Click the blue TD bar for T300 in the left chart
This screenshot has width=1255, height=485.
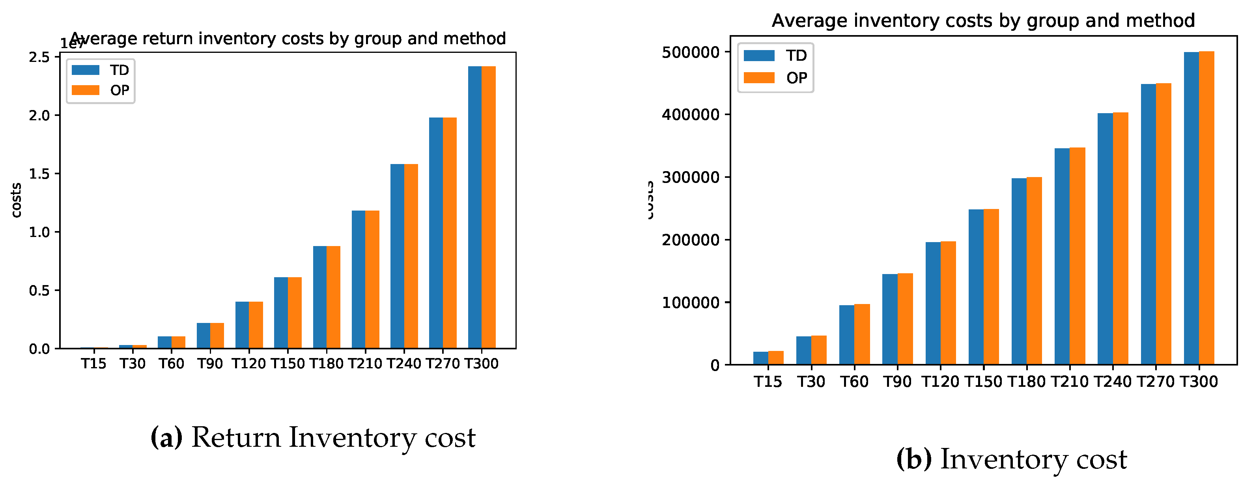pos(474,207)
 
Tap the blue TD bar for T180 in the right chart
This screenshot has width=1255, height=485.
pos(1019,271)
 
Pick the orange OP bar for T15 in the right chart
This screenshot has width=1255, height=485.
pos(776,358)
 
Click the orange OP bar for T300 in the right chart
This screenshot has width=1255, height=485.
pos(1206,208)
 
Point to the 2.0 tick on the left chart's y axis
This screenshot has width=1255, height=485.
pos(39,116)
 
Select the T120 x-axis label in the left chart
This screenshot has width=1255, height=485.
pos(248,364)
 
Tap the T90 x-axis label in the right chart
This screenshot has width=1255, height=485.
pos(897,382)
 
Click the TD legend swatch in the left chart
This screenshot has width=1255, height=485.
pos(85,70)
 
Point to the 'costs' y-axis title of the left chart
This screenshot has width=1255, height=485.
pos(17,200)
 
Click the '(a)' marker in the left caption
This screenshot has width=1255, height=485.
pos(166,437)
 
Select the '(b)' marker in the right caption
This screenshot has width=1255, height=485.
pos(914,459)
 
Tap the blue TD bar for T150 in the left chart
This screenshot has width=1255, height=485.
pos(281,313)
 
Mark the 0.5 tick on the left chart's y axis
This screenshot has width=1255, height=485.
pos(39,291)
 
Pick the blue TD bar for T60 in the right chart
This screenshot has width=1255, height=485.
pos(846,335)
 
